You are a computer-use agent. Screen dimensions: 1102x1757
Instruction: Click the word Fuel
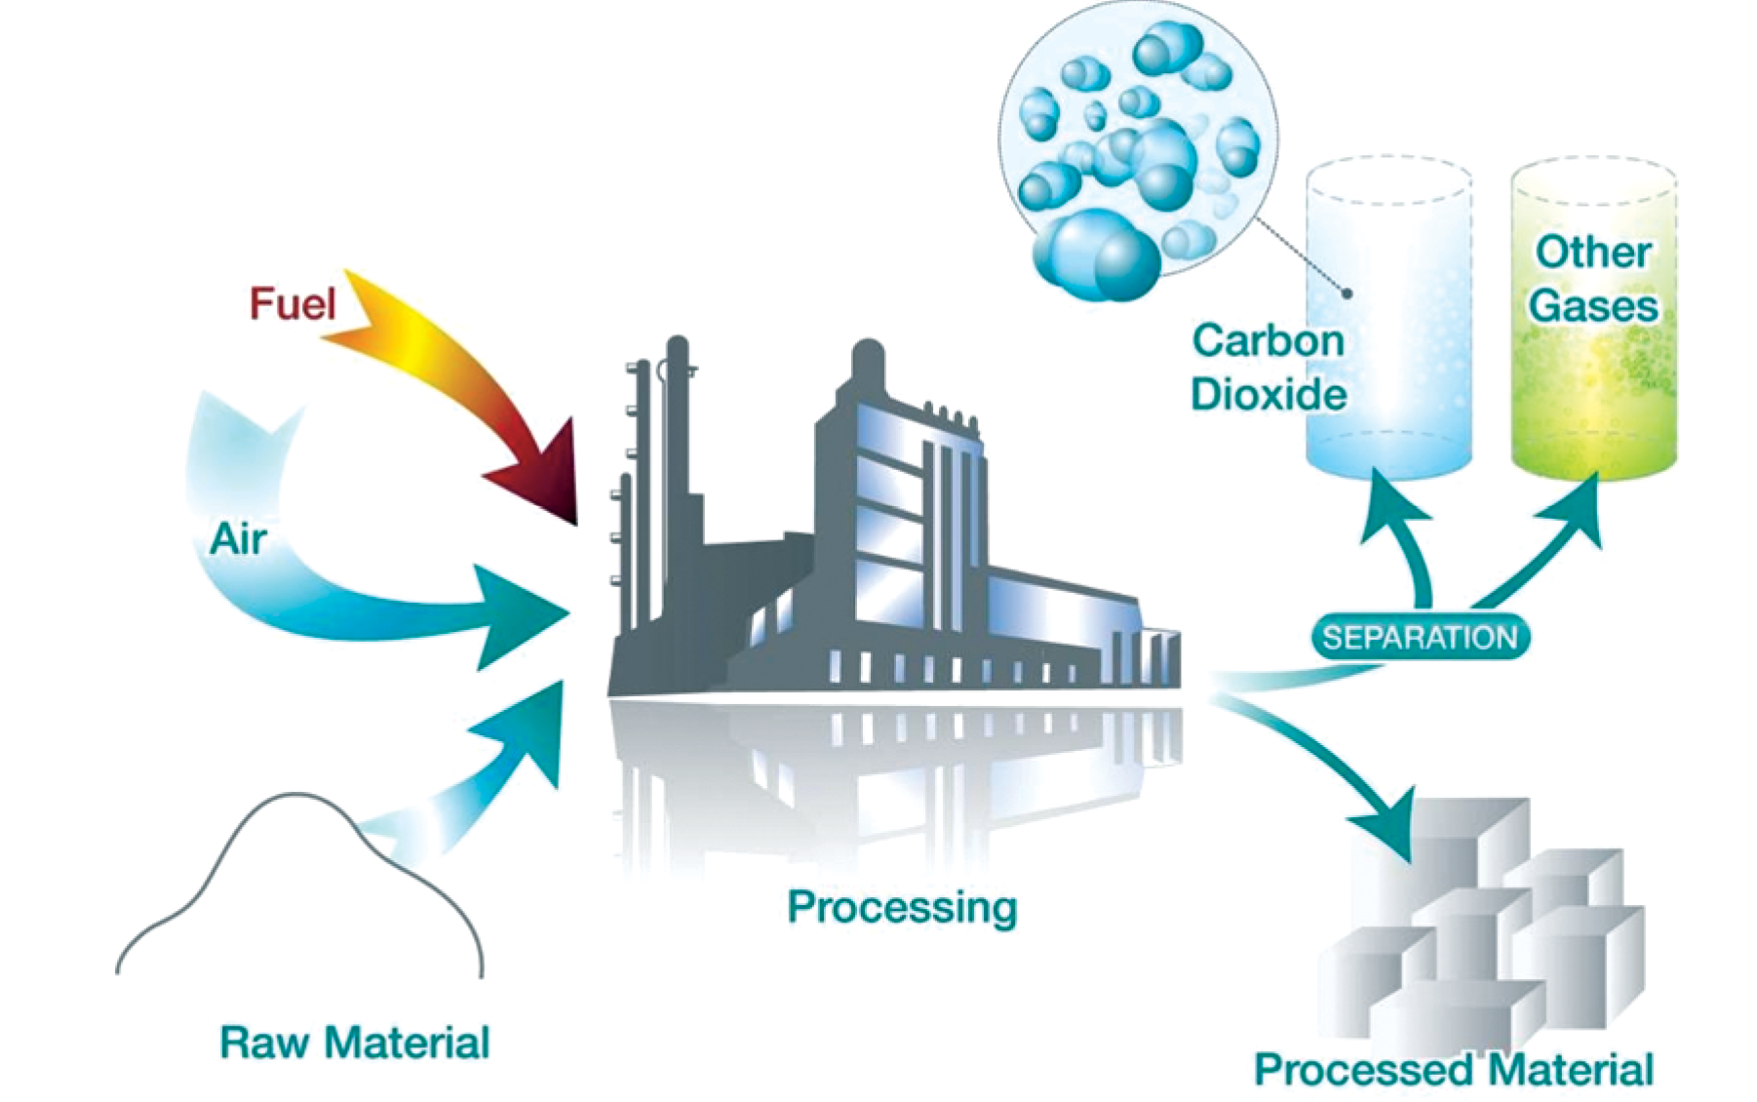(x=292, y=303)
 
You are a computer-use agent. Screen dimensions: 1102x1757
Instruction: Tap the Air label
(x=238, y=538)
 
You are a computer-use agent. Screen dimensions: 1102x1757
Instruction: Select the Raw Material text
(x=354, y=1043)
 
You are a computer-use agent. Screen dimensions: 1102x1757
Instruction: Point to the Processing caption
(x=902, y=907)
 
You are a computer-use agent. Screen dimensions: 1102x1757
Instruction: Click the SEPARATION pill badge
(x=1420, y=638)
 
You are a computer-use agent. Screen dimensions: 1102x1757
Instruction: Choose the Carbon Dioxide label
(x=1269, y=368)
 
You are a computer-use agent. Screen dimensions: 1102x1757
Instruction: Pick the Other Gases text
(x=1593, y=279)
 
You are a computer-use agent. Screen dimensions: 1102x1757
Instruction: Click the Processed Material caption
(x=1453, y=1069)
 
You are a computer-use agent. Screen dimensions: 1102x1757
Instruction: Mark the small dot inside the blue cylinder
(x=1347, y=293)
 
